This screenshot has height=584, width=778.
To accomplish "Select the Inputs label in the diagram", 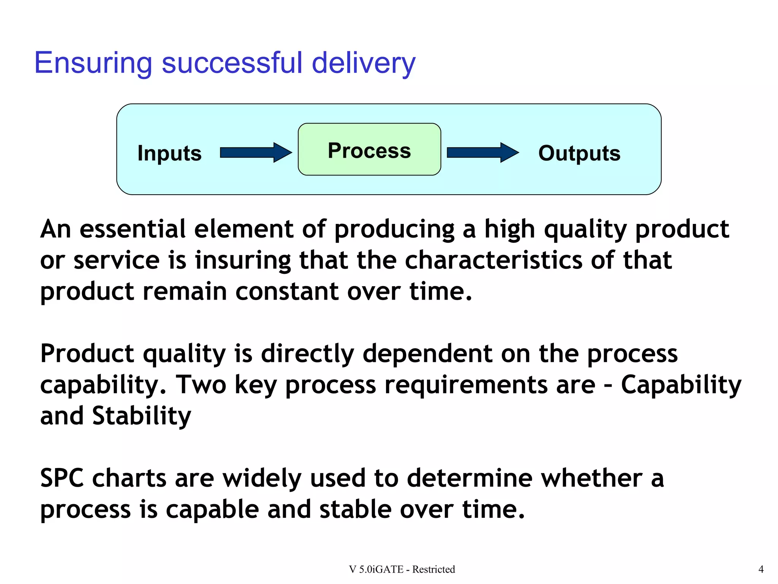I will click(x=169, y=153).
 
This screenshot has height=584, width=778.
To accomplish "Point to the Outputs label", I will click(x=579, y=153).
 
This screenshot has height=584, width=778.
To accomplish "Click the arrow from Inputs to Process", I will click(x=256, y=153).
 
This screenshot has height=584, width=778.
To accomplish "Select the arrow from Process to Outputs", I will click(x=482, y=153).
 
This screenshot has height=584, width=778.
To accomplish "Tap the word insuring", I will click(x=243, y=260).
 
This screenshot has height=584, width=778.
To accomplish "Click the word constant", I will click(x=287, y=292).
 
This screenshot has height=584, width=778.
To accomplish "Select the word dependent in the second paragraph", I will click(x=427, y=354).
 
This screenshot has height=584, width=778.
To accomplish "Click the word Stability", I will click(x=142, y=416).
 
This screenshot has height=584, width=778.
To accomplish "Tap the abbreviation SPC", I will click(x=62, y=478).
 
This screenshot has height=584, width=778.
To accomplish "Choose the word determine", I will click(x=470, y=478).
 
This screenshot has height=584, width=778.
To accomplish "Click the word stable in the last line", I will click(x=355, y=509).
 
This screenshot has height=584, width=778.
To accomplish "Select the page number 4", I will click(x=761, y=569).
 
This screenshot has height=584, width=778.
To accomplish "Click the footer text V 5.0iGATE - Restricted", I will click(x=402, y=569).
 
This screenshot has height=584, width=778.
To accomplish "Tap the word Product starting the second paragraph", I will click(x=87, y=354).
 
